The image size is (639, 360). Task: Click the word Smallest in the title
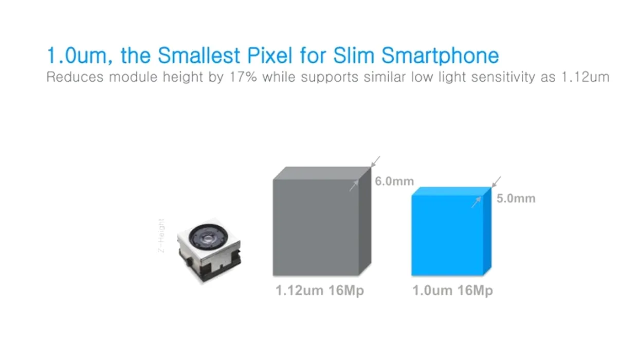point(199,56)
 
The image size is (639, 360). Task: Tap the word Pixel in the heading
point(270,56)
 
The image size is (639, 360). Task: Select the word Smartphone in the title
point(440,56)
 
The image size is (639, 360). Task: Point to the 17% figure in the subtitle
point(243,77)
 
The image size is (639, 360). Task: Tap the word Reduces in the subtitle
point(75,77)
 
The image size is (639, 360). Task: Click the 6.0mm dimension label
point(394,181)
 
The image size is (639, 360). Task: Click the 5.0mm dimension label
point(516,199)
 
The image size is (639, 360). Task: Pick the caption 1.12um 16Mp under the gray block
point(320,291)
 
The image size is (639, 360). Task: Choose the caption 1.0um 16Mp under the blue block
point(453,291)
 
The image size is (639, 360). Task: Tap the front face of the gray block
point(316,227)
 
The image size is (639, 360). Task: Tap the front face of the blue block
point(447,236)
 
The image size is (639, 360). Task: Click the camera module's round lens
point(208,236)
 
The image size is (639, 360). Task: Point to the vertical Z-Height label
point(161,236)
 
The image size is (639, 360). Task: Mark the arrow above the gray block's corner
point(375,161)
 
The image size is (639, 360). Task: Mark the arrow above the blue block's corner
point(497,182)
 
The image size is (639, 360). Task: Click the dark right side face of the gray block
point(365,221)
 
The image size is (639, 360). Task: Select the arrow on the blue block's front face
point(477,202)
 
